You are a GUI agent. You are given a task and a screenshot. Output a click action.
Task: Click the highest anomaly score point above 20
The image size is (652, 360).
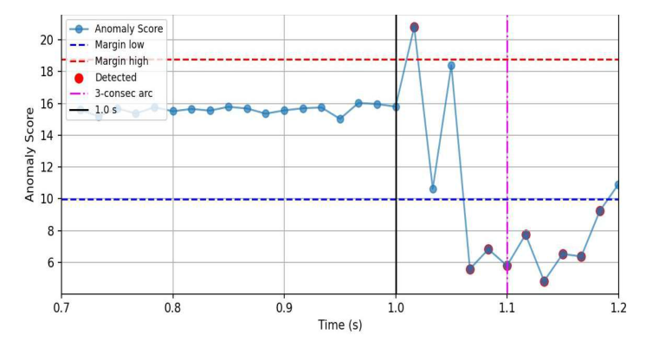click(414, 28)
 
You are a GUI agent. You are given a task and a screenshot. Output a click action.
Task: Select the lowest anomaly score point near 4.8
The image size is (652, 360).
click(544, 281)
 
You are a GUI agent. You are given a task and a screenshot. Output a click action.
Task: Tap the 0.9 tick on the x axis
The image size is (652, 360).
click(284, 307)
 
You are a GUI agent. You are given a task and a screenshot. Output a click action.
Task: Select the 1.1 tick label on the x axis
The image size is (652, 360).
click(507, 307)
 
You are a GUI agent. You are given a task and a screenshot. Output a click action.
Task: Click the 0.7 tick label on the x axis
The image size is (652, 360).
click(61, 307)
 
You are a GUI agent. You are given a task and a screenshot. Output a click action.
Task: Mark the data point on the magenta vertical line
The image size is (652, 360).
click(507, 266)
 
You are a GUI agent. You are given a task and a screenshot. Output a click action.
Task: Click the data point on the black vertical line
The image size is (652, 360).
click(396, 106)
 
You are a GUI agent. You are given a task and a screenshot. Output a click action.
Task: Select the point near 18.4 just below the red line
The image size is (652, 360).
click(451, 66)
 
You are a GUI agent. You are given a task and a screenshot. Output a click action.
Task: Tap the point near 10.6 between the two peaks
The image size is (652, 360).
click(433, 189)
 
